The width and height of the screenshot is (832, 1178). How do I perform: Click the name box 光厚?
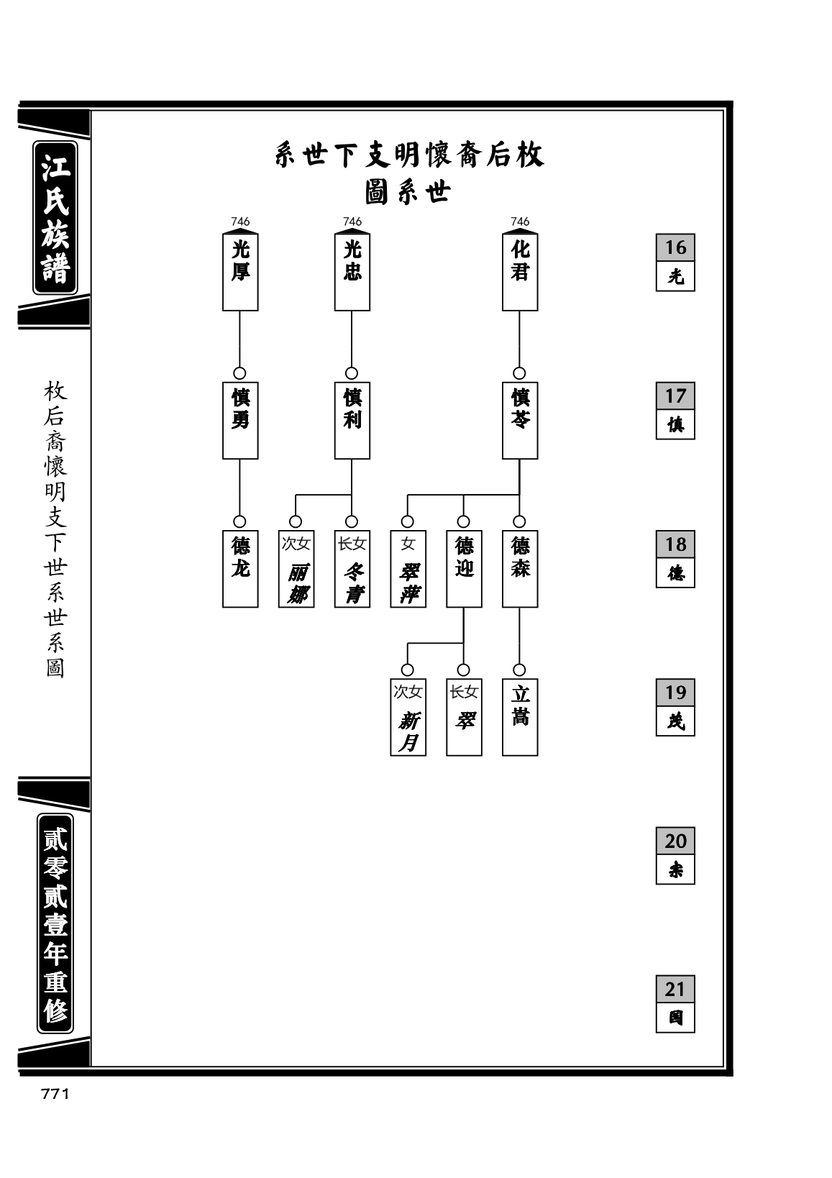pos(239,271)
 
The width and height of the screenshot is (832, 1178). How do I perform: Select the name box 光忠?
pos(352,271)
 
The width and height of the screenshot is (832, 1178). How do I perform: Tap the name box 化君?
pos(520,271)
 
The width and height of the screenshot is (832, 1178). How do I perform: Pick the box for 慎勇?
pos(239,420)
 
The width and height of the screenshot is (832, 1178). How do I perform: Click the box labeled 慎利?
pos(352,420)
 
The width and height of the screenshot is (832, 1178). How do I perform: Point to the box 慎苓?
pos(520,420)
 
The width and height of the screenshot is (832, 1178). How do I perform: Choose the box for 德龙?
pos(239,568)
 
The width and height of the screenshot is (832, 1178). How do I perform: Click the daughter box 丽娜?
pos(296,568)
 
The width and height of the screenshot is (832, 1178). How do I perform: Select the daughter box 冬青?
pos(352,568)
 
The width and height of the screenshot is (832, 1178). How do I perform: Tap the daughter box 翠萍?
pos(408,568)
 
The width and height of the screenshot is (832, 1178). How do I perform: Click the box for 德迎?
pos(464,568)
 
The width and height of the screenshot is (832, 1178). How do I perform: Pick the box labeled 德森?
pos(520,568)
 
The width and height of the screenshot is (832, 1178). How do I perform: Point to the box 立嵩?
pos(520,717)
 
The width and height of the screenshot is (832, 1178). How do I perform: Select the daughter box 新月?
pos(408,717)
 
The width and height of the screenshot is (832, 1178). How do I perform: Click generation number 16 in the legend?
pos(675,247)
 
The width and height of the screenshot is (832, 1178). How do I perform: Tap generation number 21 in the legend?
pos(675,989)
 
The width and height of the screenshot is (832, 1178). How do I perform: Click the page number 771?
pos(55,1095)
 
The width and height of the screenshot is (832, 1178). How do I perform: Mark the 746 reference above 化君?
pos(520,222)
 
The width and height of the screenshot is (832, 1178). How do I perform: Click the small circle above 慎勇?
pos(239,373)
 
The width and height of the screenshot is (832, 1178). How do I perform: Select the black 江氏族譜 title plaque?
pos(55,217)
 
